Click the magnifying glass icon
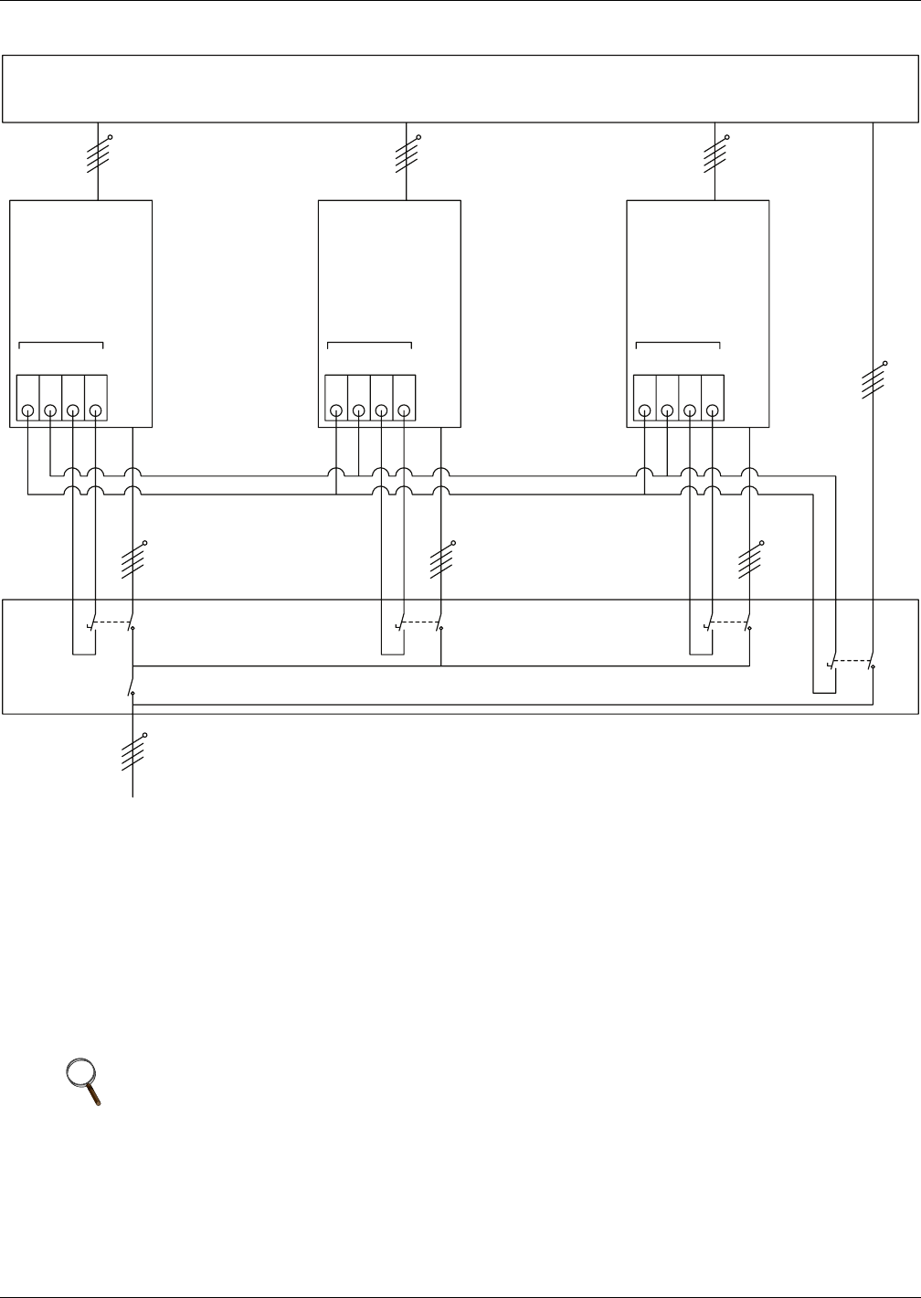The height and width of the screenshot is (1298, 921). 84,1081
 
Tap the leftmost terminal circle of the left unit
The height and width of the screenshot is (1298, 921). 28,411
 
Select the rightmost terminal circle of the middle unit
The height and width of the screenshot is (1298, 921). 404,411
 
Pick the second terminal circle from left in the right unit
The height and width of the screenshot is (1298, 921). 667,411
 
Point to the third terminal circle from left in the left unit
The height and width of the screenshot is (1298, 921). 73,411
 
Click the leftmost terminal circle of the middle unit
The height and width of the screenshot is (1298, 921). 336,411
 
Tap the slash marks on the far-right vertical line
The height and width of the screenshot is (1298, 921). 873,379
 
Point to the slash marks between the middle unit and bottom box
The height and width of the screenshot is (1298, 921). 441,559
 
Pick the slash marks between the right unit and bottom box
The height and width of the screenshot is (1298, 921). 750,559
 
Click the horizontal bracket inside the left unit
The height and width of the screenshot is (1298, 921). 61,345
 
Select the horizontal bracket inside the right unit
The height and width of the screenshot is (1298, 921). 678,345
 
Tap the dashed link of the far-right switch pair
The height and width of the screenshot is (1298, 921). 852,660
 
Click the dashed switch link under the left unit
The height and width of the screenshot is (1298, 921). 112,622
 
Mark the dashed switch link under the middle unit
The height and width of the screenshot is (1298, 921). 421,622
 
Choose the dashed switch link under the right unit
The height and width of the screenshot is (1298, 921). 729,622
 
